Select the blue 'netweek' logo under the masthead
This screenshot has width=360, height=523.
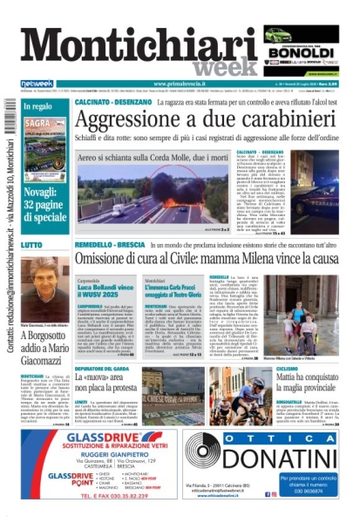point(31,84)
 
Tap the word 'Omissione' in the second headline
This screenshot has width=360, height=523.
point(107,259)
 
